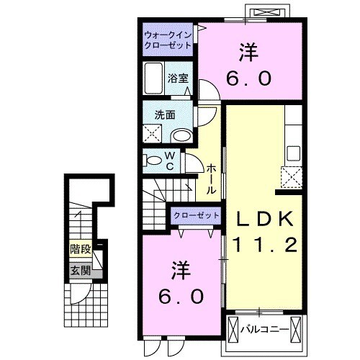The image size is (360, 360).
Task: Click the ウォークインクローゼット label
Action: (166, 39)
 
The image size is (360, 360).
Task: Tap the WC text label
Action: (170, 161)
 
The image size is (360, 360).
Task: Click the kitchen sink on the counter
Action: (293, 152)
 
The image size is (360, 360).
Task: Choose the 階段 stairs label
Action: (80, 250)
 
